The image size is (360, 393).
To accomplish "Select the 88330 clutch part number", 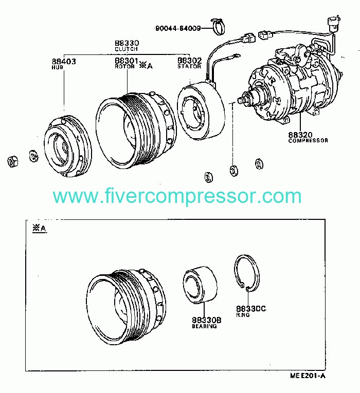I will pyautogui.click(x=127, y=43).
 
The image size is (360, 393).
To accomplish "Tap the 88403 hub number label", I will pyautogui.click(x=64, y=61).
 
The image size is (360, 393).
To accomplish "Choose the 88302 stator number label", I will pyautogui.click(x=189, y=61).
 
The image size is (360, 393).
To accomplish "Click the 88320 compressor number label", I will pyautogui.click(x=300, y=134).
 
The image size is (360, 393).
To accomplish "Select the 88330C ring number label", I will pyautogui.click(x=250, y=308).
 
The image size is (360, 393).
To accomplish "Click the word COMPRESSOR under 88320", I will pyautogui.click(x=308, y=140).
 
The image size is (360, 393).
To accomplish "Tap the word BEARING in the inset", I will pyautogui.click(x=205, y=326).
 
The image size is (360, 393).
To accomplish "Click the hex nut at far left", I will pyautogui.click(x=13, y=161).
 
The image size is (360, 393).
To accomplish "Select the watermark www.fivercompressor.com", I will pyautogui.click(x=177, y=196).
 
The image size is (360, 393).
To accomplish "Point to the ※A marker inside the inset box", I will pyautogui.click(x=39, y=229).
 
